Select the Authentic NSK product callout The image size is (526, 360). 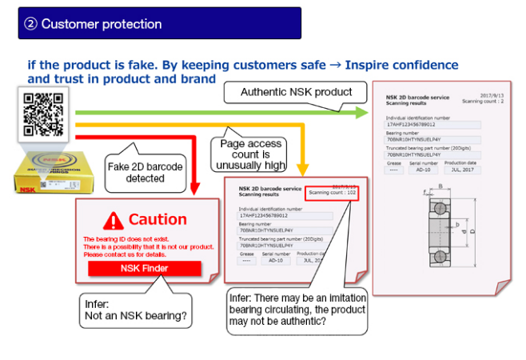(296, 92)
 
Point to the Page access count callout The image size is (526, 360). (250, 154)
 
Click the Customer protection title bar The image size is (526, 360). (159, 23)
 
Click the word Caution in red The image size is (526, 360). (157, 219)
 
